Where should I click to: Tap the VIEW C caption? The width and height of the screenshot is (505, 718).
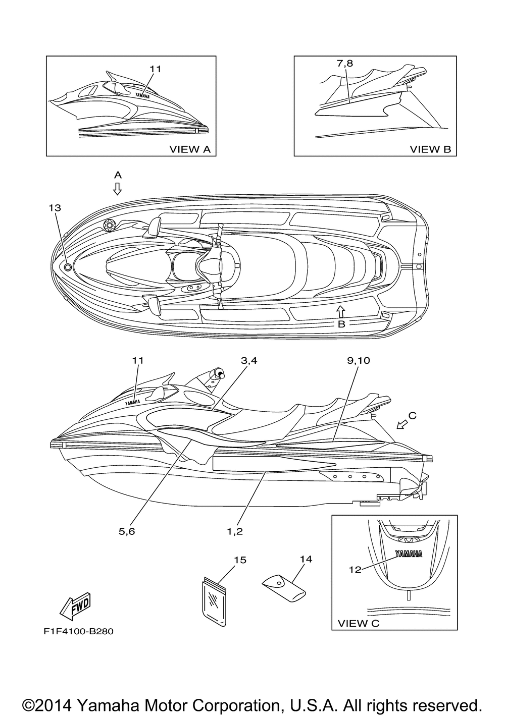click(358, 623)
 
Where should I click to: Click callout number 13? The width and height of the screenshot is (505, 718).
click(55, 208)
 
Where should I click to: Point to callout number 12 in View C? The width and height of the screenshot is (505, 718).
click(355, 569)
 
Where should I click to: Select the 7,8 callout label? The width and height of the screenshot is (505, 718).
click(345, 64)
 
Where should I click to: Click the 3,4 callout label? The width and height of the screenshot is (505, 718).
click(249, 360)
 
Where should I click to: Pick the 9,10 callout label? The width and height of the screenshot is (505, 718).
click(359, 360)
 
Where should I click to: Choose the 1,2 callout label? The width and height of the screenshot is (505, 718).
click(235, 531)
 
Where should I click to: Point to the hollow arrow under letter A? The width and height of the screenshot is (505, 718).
click(117, 189)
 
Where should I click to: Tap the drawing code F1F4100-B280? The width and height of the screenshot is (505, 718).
click(74, 631)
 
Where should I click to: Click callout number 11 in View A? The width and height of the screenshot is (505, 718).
click(156, 69)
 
